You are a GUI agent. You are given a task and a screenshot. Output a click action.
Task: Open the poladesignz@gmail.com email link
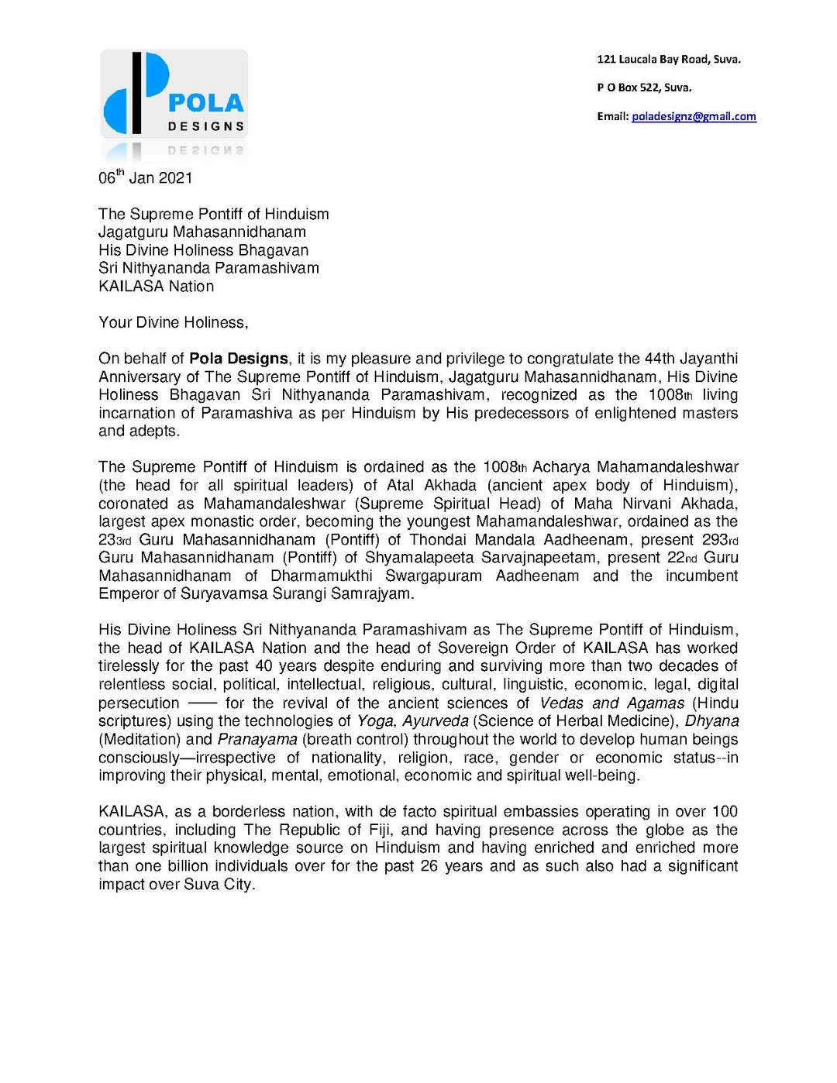click(694, 116)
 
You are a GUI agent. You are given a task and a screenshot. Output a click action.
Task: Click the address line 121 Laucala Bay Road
click(668, 59)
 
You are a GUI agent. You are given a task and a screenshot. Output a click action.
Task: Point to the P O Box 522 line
click(644, 88)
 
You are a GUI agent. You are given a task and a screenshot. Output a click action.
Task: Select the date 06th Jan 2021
click(145, 177)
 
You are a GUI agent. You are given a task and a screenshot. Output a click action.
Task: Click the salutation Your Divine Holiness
click(173, 322)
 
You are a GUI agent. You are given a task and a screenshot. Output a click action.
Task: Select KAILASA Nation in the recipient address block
click(156, 286)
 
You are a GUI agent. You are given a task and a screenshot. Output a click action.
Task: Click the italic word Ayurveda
click(435, 721)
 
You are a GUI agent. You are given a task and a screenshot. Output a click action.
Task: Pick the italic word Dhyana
click(711, 721)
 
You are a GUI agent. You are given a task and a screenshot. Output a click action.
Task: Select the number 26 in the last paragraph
click(429, 866)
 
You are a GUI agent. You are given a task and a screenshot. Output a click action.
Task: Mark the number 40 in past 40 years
click(263, 666)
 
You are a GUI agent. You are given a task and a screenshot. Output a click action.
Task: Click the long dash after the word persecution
click(202, 703)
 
